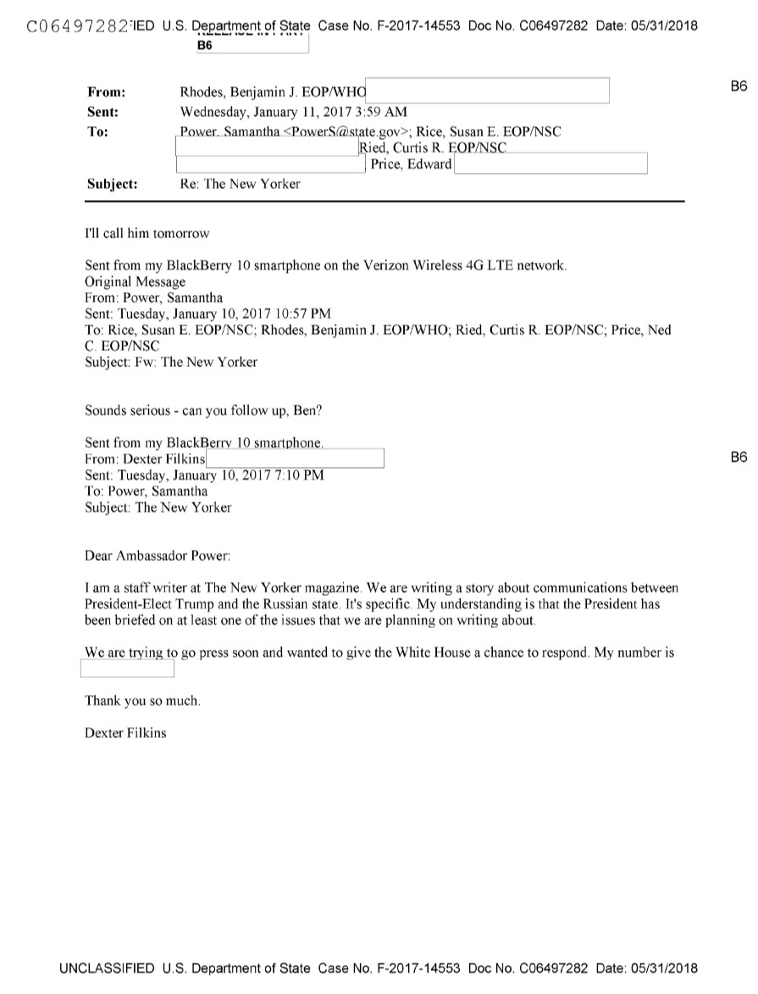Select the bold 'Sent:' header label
coord(102,111)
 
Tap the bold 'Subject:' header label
coord(112,183)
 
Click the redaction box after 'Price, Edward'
coord(551,164)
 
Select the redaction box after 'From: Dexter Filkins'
coord(296,458)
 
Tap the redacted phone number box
coord(127,669)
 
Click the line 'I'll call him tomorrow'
coord(147,233)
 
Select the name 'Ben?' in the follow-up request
coord(307,410)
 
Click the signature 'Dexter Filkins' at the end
coord(125,733)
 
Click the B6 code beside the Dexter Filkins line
coord(739,458)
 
